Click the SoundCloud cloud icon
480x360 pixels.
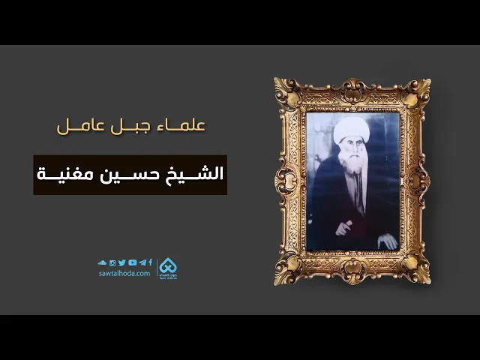(103, 262)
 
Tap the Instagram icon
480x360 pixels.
(112, 262)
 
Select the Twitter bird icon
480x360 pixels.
(122, 262)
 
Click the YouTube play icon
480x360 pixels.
(132, 262)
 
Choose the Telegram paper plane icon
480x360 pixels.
(142, 262)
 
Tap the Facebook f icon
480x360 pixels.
(150, 262)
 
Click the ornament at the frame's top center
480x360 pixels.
(352, 82)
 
